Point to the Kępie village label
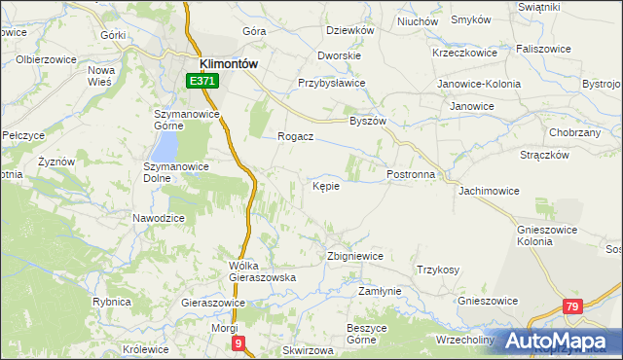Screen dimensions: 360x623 tap(326, 186)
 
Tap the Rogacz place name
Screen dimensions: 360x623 tap(294, 136)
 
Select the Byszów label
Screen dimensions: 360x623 tap(368, 122)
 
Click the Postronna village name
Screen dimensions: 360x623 tap(417, 174)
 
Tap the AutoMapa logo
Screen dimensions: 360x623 tap(559, 342)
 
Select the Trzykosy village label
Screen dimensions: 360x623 tap(438, 270)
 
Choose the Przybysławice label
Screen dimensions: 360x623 tap(331, 83)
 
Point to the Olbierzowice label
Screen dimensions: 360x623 tap(47, 58)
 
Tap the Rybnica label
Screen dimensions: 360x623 tap(112, 303)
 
